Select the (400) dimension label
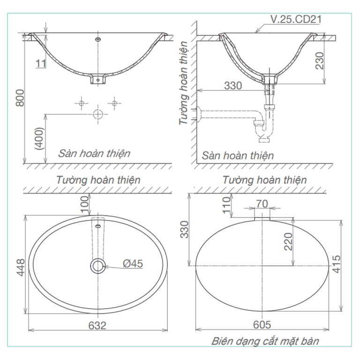40,138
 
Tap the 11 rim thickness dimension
41,63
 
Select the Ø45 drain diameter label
133,264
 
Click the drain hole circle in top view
98,266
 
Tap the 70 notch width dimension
262,204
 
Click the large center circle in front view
98,114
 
